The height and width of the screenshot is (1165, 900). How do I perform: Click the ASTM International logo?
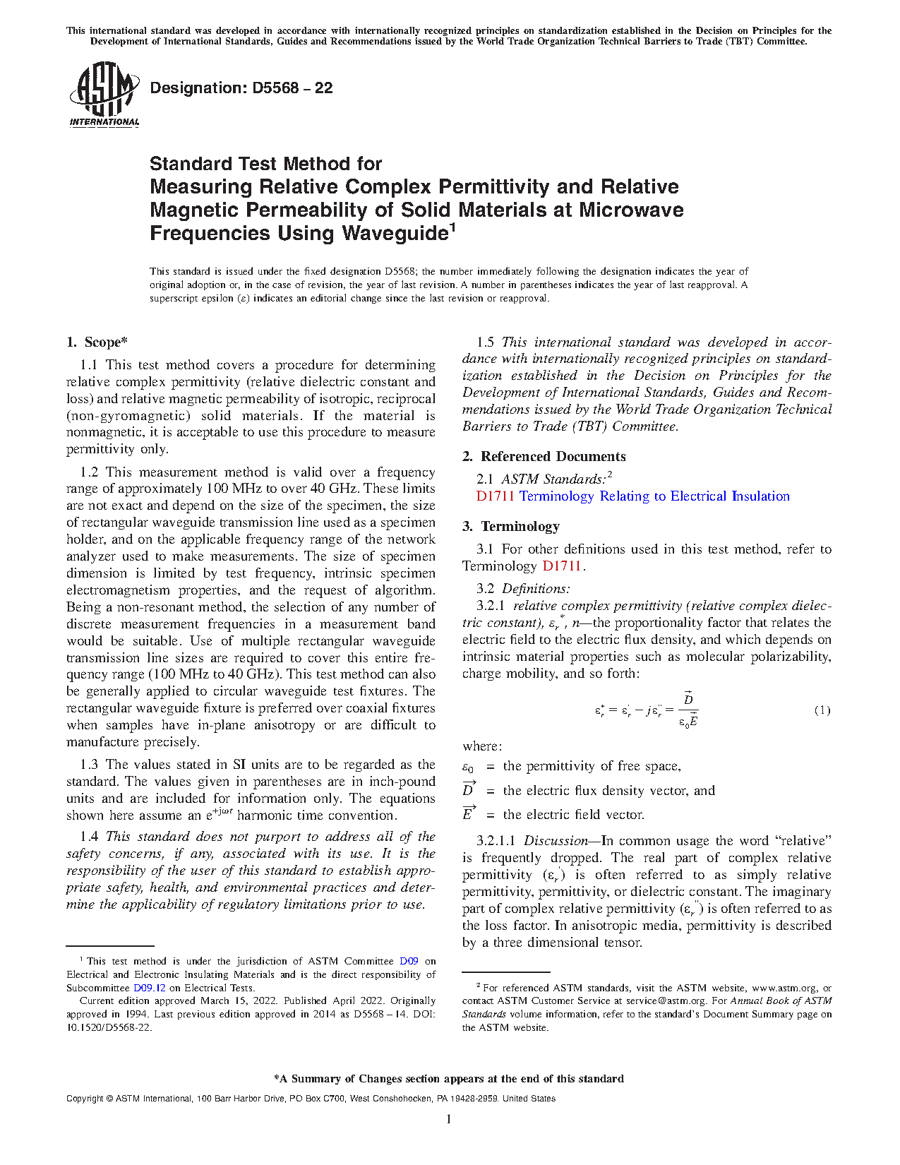104,94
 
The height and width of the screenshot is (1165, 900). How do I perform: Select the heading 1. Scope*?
97,342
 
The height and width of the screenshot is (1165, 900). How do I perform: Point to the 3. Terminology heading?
511,527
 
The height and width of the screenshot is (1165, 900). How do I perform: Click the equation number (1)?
822,710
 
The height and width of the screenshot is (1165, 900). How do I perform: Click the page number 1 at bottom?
449,1118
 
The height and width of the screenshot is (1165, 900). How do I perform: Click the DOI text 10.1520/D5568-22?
109,1027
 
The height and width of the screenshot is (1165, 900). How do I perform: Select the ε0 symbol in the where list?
468,767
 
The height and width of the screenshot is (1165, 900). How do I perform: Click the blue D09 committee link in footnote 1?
409,961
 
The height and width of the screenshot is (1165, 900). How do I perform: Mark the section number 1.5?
486,342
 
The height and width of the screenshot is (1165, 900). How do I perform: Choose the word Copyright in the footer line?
85,1099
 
